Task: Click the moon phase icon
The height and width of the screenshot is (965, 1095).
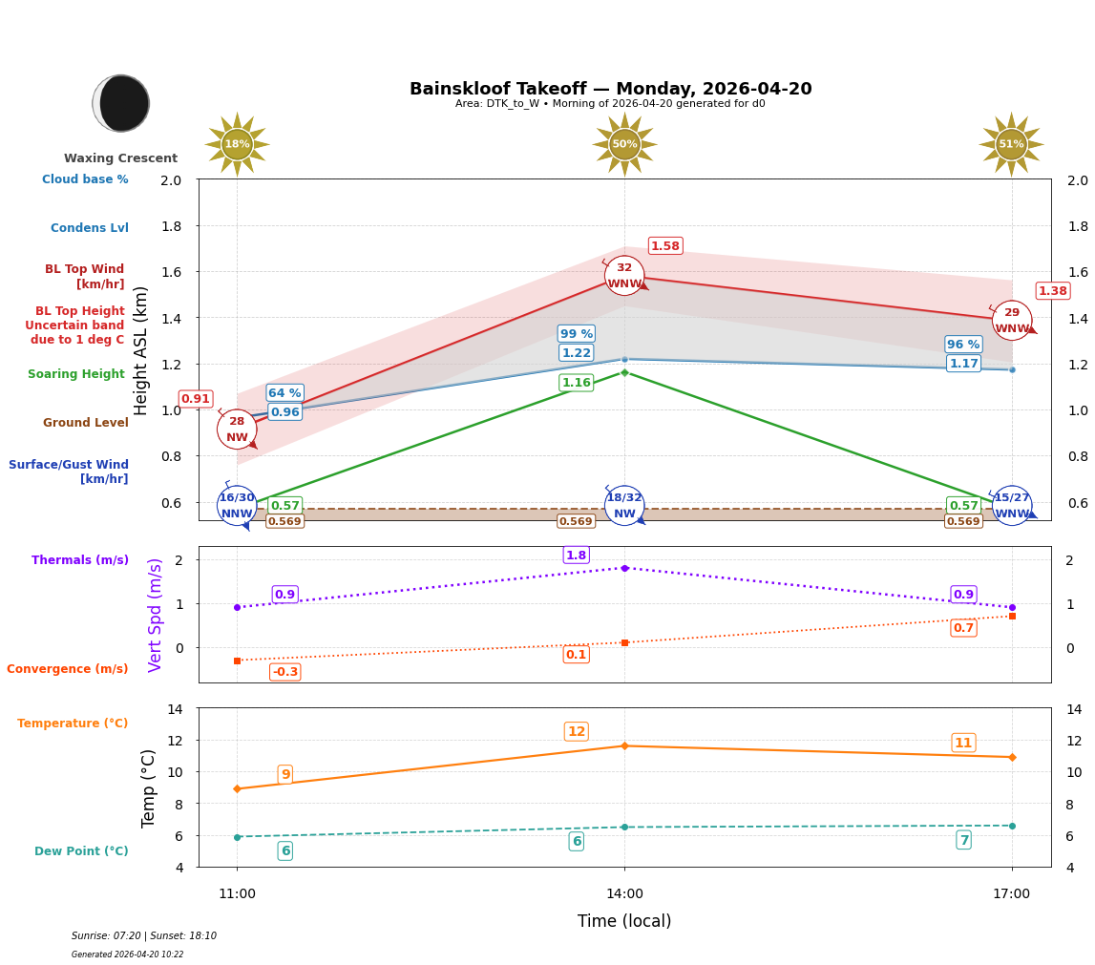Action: click(x=121, y=103)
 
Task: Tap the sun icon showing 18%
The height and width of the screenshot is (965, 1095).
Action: click(x=237, y=144)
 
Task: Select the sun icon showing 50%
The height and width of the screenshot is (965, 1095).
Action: click(x=624, y=144)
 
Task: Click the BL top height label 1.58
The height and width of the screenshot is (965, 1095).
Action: click(x=665, y=246)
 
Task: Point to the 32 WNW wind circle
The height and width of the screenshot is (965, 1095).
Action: click(x=624, y=276)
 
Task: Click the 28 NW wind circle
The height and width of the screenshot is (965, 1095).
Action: click(x=237, y=430)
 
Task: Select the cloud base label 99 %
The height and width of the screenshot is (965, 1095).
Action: click(x=576, y=334)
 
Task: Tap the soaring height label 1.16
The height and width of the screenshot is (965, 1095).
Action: click(x=576, y=383)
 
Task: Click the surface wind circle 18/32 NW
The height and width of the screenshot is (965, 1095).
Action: click(x=624, y=506)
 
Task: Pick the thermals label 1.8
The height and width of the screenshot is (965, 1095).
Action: click(x=576, y=556)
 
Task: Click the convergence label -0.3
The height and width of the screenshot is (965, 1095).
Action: click(x=284, y=672)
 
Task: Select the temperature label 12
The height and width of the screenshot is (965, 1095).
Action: click(x=576, y=732)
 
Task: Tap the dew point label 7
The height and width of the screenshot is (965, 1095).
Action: click(x=963, y=840)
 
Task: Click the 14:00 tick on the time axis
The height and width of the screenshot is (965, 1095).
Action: click(x=624, y=894)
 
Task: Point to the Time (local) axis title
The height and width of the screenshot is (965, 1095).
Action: click(x=624, y=921)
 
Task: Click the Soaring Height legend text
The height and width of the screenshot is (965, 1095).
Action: click(x=76, y=374)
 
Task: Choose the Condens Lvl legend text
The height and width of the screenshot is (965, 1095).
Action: click(x=90, y=228)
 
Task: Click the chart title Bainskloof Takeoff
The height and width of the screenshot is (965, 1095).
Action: click(x=610, y=89)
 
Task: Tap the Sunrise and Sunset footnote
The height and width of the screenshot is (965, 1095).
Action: click(x=144, y=936)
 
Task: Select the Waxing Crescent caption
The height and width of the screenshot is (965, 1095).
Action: click(x=120, y=158)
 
